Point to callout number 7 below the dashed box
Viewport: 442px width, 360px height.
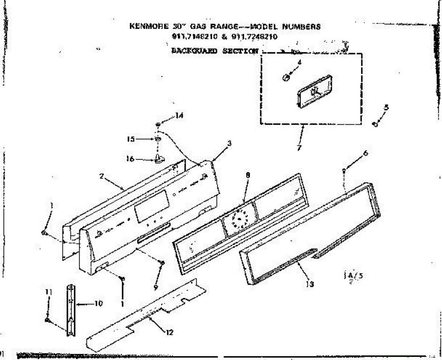tap(299, 148)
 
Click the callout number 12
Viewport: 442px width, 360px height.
tap(169, 333)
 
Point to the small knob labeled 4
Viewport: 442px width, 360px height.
tap(285, 77)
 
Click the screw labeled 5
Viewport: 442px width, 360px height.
tap(375, 124)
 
